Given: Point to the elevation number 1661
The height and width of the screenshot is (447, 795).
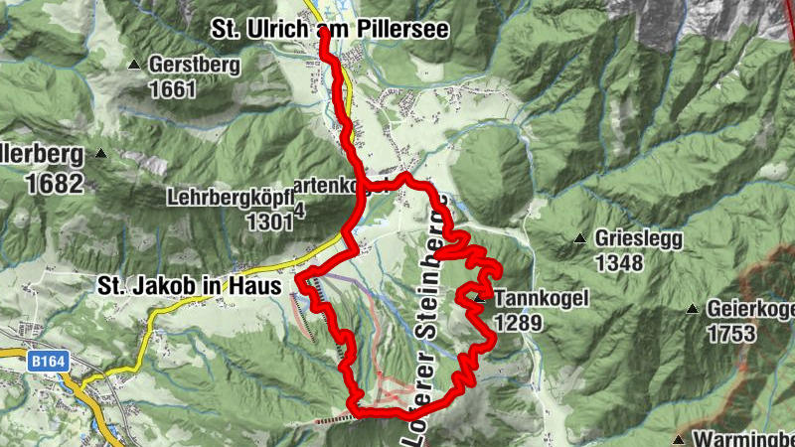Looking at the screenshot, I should (x=174, y=89).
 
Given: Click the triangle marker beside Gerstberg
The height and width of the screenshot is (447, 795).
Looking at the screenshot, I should (x=135, y=66).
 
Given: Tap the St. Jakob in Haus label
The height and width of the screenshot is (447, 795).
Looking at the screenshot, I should (x=188, y=285).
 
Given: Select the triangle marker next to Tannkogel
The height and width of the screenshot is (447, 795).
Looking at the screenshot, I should (x=479, y=297).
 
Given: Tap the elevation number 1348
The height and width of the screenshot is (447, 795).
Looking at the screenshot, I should (x=619, y=263).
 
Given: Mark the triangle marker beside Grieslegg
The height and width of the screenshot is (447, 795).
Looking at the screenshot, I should (x=579, y=238).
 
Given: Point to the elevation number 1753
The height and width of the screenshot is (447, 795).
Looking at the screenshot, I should (x=733, y=335).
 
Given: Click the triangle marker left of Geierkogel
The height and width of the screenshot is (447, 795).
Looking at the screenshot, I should (x=692, y=310).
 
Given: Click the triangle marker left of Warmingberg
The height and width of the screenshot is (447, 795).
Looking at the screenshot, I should (x=678, y=438).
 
